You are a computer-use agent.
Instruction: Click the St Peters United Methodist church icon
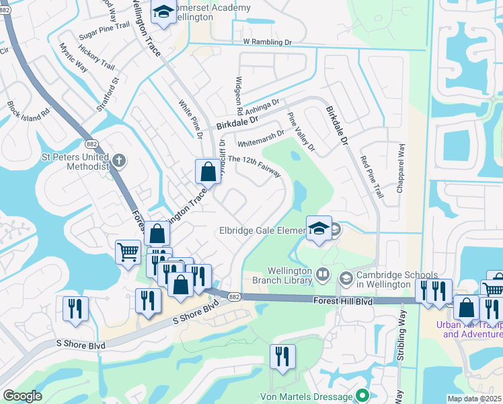click(119, 160)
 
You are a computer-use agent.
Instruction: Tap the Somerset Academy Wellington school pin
click(163, 12)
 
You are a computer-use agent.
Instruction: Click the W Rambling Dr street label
click(268, 42)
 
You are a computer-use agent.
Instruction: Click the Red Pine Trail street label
click(371, 177)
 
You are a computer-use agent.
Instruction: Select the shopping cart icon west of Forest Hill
click(128, 253)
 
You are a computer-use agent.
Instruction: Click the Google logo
click(23, 397)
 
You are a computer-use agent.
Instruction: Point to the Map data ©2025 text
click(475, 399)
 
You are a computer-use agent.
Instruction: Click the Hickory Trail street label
click(97, 57)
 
